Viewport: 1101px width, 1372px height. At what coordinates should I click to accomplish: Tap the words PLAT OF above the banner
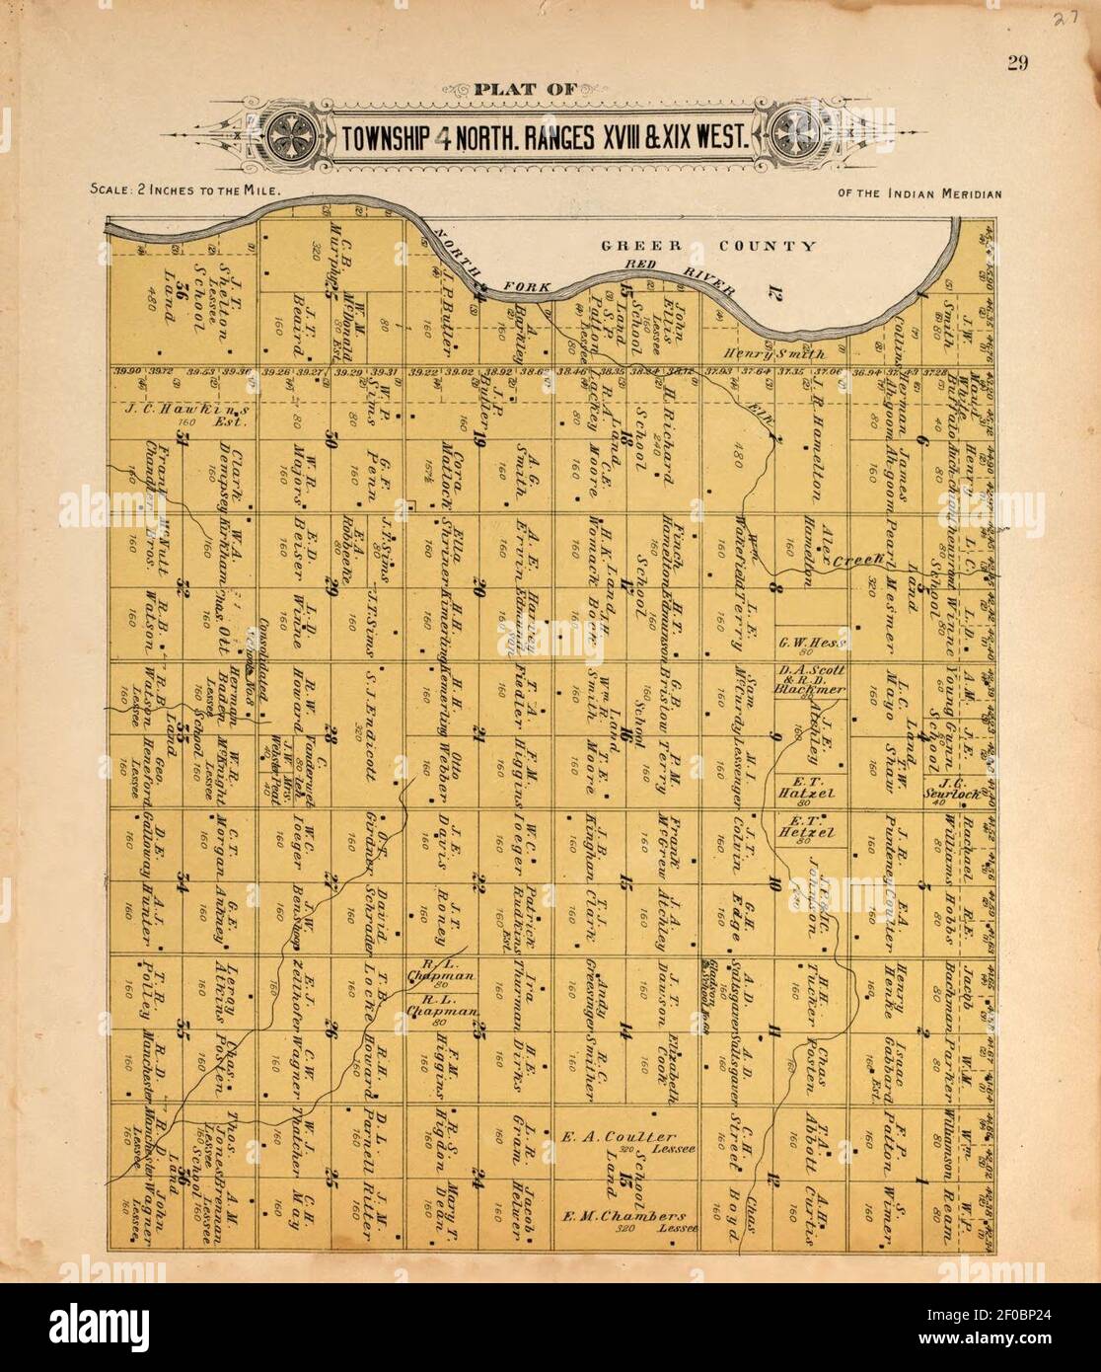click(524, 91)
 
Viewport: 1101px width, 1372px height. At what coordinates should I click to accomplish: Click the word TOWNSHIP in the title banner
click(383, 137)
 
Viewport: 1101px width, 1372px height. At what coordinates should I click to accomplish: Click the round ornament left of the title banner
click(295, 135)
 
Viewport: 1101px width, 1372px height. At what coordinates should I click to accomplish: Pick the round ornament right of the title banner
click(794, 135)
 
